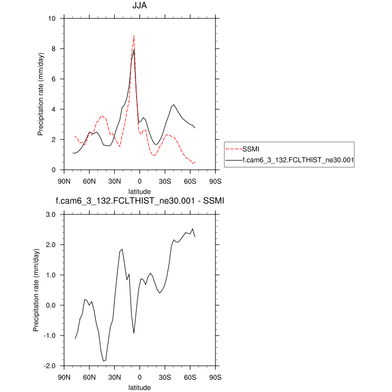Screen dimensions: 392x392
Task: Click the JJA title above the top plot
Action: [139, 7]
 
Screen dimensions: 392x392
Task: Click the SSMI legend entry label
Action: [251, 148]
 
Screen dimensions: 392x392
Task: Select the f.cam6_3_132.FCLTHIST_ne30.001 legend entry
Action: [291, 160]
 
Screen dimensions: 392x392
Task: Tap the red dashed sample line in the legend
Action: [233, 149]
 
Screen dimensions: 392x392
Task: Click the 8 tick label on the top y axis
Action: [54, 49]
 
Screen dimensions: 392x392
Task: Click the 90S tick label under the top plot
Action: [215, 181]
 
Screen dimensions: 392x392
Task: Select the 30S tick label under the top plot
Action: [165, 181]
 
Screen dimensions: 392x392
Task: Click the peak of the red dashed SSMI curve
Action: [134, 36]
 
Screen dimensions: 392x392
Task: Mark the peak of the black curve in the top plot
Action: [134, 51]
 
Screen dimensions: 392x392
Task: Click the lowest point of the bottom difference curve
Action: [104, 361]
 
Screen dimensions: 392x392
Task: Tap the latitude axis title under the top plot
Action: [139, 191]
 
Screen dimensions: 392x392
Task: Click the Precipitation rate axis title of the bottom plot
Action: [37, 290]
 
